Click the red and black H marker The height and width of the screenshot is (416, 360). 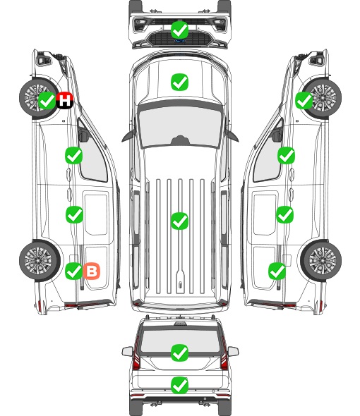click(64, 100)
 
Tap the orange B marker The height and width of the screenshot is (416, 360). click(92, 271)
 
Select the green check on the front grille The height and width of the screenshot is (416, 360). click(180, 30)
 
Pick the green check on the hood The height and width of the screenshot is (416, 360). click(180, 82)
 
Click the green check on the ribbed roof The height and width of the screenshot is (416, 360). click(180, 221)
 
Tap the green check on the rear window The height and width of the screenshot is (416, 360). click(180, 353)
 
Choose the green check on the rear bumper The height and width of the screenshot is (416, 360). click(180, 385)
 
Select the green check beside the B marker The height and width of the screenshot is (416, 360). click(74, 271)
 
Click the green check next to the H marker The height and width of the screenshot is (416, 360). click(47, 100)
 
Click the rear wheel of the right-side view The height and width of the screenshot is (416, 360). click(321, 260)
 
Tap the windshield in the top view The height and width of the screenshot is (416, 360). click(180, 126)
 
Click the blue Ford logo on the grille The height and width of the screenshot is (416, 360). click(180, 41)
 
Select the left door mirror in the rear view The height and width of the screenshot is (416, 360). click(128, 352)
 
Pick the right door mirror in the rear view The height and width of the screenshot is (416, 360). click(233, 352)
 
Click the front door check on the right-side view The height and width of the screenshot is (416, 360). click(286, 155)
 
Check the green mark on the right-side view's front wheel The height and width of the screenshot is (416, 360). click(304, 100)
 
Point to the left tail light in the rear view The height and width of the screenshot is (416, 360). click(136, 354)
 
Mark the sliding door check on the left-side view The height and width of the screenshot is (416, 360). click(74, 214)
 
